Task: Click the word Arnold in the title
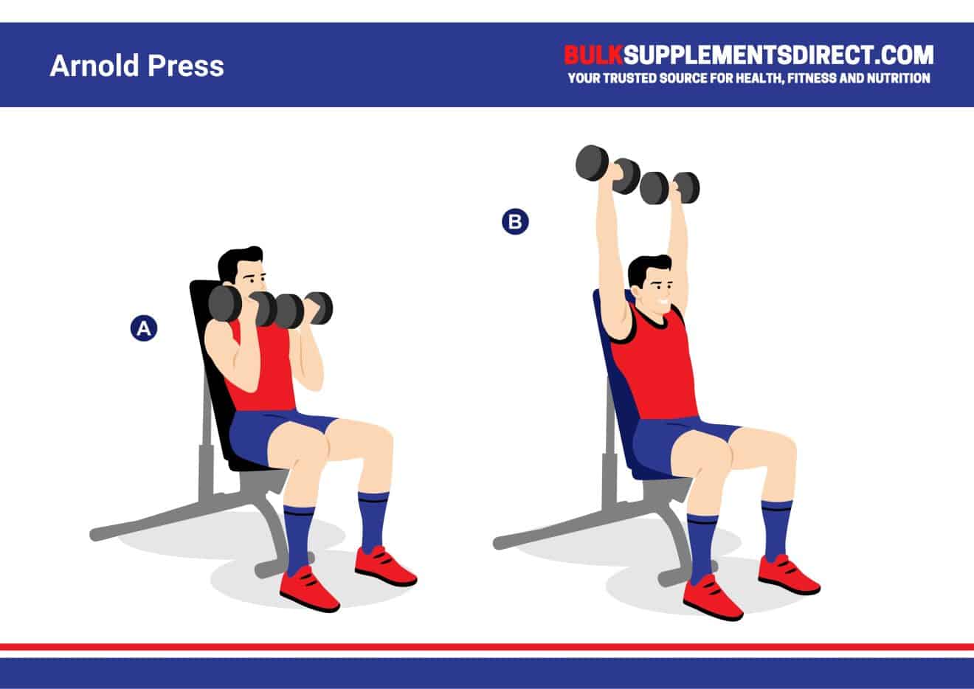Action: (x=94, y=66)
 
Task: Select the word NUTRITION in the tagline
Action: (x=894, y=78)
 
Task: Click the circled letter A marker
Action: (x=143, y=329)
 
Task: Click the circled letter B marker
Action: (x=515, y=221)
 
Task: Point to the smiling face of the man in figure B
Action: (x=653, y=283)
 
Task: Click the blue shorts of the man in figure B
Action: (x=664, y=443)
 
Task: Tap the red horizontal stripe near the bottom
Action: (x=487, y=647)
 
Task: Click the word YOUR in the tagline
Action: (x=581, y=78)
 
